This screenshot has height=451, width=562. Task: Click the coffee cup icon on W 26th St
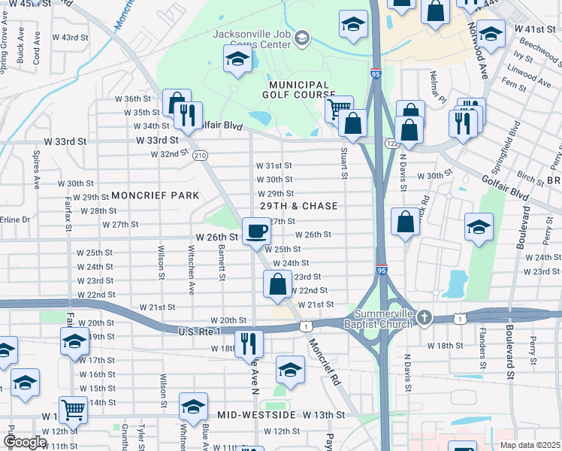(256, 229)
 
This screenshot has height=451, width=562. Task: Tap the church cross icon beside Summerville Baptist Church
(425, 316)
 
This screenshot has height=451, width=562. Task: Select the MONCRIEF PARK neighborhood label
(155, 195)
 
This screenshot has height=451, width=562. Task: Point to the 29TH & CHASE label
(298, 206)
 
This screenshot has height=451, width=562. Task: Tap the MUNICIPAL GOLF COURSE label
(296, 89)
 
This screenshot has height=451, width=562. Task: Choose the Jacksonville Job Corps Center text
(251, 39)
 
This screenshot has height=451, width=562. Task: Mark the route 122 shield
(391, 143)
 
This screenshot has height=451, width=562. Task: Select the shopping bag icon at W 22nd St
(278, 283)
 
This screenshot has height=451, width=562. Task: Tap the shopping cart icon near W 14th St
(73, 410)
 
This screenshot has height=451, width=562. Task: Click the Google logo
(25, 442)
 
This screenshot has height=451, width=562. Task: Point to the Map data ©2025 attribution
(530, 445)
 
